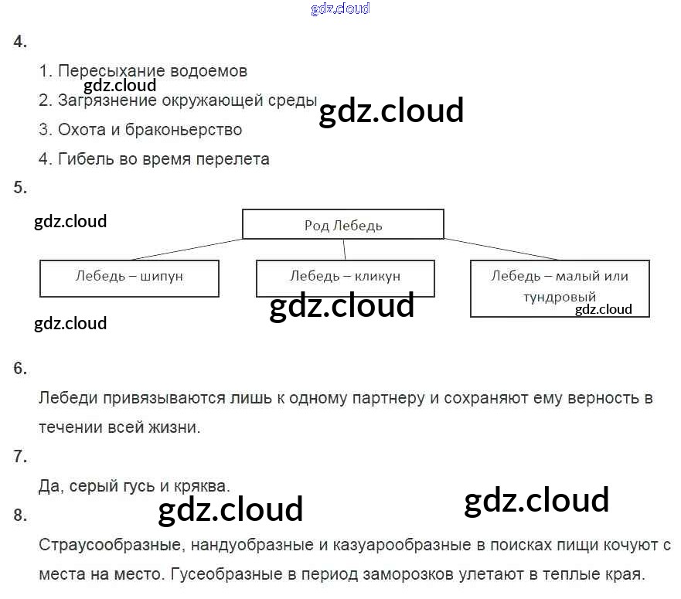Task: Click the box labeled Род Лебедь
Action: (343, 224)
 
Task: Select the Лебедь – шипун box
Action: (129, 277)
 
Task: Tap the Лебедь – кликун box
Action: (345, 277)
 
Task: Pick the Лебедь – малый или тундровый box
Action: (560, 288)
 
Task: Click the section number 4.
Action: (20, 43)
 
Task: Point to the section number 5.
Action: (20, 187)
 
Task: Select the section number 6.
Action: (20, 369)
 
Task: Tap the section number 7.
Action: (20, 457)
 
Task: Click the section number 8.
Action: (20, 515)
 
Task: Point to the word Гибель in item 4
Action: (82, 159)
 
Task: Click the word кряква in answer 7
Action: (203, 486)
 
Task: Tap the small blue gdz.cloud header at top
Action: (340, 9)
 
